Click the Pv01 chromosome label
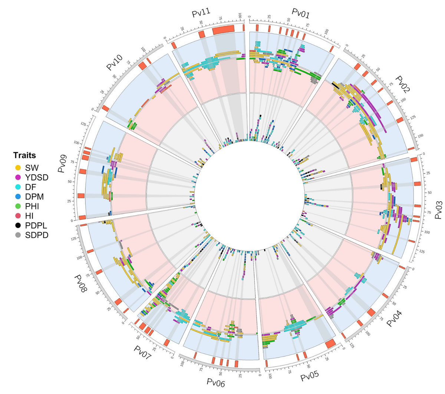click(300, 14)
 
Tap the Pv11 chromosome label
click(201, 14)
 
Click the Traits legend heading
click(24, 155)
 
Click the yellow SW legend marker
click(17, 168)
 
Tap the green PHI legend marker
click(17, 206)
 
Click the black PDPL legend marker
click(17, 225)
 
